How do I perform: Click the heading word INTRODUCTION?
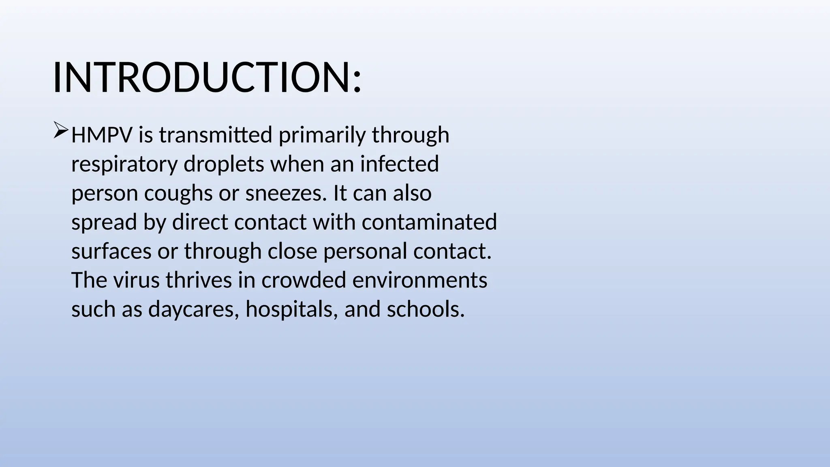[x=202, y=78]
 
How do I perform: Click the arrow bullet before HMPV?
[x=61, y=131]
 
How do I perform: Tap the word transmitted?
[x=216, y=135]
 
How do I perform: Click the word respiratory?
[x=124, y=165]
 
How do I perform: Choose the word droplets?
[x=224, y=165]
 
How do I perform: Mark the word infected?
[x=399, y=165]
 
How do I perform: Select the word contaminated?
[x=429, y=223]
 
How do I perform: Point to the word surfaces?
[x=111, y=251]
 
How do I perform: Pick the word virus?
[x=136, y=281]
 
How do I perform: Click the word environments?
[x=420, y=281]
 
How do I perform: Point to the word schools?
[x=426, y=310]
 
